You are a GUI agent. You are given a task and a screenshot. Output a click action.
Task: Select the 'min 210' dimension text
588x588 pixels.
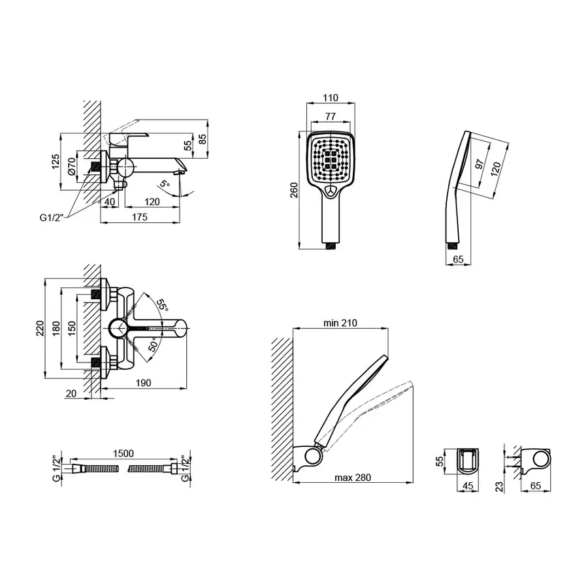pyautogui.click(x=340, y=323)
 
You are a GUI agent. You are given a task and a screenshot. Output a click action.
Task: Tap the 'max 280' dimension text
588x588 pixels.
pyautogui.click(x=353, y=478)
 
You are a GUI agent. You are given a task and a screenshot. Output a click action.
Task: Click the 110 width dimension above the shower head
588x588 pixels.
pyautogui.click(x=331, y=98)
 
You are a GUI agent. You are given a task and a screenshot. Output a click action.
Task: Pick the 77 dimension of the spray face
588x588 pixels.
pyautogui.click(x=331, y=116)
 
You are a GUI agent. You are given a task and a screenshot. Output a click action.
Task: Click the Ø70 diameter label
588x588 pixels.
pyautogui.click(x=73, y=167)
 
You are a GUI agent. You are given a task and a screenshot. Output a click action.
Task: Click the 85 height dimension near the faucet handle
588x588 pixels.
pyautogui.click(x=203, y=139)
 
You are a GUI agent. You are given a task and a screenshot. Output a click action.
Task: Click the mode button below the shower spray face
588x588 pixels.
pyautogui.click(x=331, y=191)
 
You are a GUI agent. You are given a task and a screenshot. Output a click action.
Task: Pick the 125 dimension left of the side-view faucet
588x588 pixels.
pyautogui.click(x=56, y=161)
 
